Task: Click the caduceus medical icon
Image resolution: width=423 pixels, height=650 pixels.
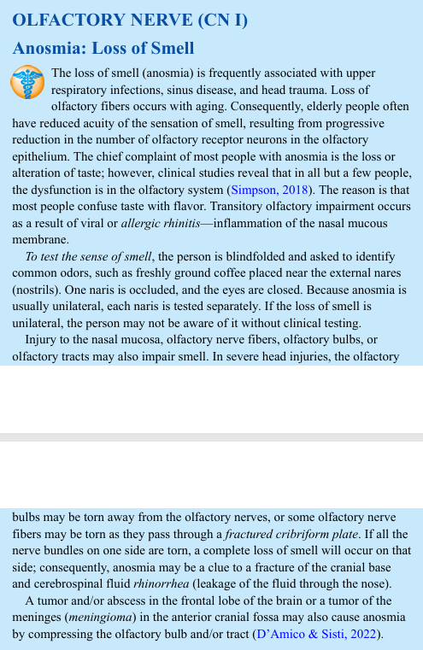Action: point(28,82)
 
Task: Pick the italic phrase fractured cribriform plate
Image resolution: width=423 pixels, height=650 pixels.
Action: point(284,535)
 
